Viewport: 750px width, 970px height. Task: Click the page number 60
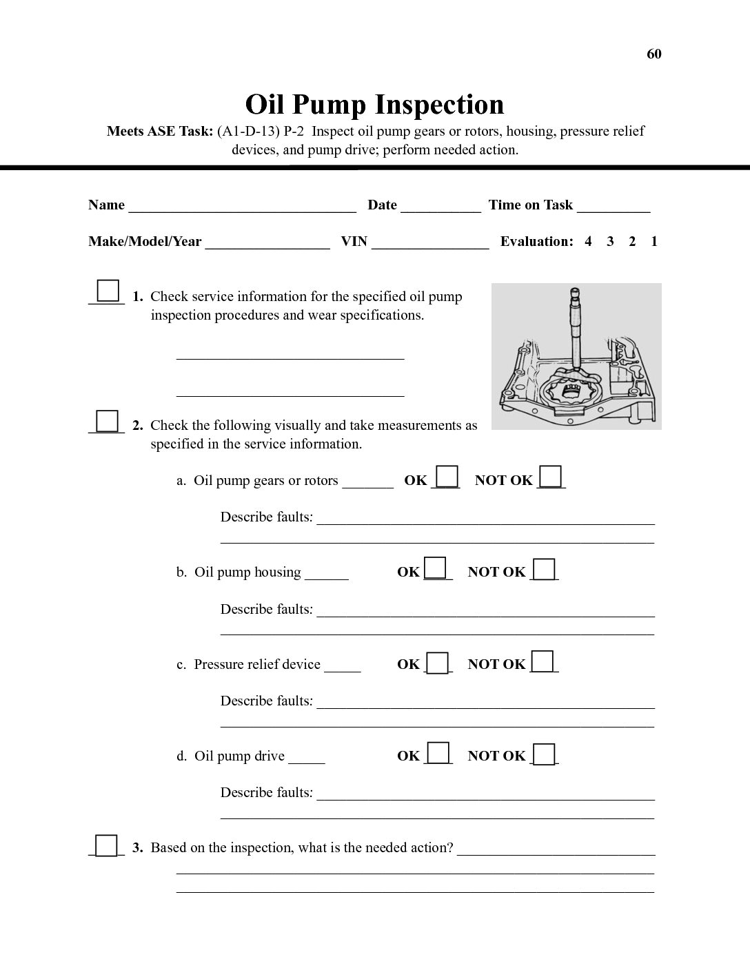[653, 54]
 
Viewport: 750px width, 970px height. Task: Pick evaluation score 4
[588, 241]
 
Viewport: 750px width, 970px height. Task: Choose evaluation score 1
[654, 241]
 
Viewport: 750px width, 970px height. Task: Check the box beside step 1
[108, 291]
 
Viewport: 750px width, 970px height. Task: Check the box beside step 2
[107, 420]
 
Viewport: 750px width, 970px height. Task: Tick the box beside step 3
[106, 845]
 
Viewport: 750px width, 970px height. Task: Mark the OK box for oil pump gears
[447, 477]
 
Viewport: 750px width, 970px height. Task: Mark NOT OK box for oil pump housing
[544, 569]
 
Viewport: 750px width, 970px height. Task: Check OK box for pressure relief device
[437, 662]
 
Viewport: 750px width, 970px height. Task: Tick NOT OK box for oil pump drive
[544, 754]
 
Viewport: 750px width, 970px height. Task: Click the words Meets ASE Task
[159, 131]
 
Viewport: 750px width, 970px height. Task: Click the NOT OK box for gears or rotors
[550, 477]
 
